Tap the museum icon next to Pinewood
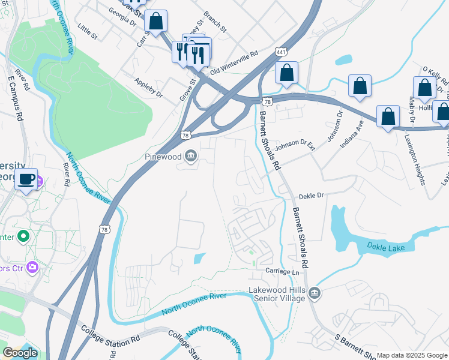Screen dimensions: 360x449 click(x=191, y=157)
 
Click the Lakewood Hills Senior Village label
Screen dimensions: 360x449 click(x=279, y=294)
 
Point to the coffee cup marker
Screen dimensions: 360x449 click(x=26, y=179)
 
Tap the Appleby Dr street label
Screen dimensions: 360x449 click(x=148, y=88)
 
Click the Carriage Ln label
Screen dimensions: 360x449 click(x=282, y=272)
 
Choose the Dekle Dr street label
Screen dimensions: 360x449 click(x=311, y=196)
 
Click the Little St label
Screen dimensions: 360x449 click(x=88, y=32)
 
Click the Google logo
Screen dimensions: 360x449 click(x=20, y=353)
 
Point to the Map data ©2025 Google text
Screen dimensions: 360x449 click(x=412, y=355)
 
